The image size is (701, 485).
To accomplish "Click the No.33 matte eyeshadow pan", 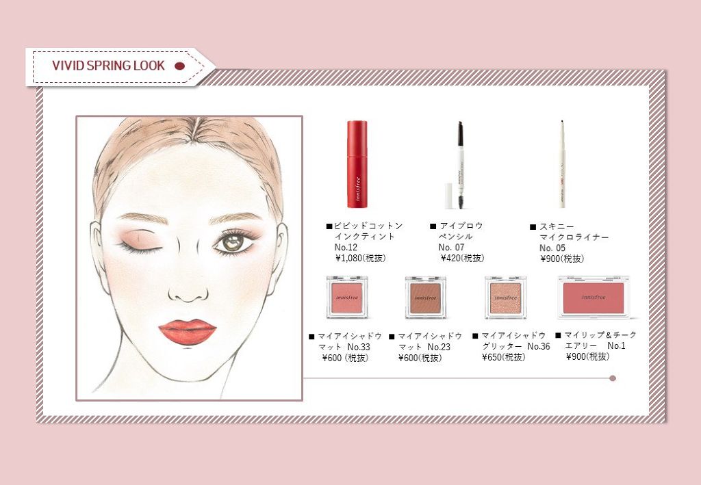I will [x=346, y=296].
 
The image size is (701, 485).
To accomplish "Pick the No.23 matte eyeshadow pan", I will [x=425, y=296].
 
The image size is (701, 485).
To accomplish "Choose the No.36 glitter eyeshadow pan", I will [x=505, y=296].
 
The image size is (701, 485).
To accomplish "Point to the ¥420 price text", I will [x=462, y=258].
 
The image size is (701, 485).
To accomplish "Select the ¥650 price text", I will [x=504, y=357].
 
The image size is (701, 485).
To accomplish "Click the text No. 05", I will [x=552, y=248].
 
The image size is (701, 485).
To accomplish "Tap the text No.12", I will [x=346, y=247].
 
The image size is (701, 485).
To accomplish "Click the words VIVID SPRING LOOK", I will [x=108, y=66].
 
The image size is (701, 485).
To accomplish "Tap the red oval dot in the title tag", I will [x=180, y=66].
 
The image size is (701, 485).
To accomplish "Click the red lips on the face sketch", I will [x=187, y=330].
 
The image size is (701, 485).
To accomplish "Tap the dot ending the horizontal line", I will [x=613, y=378].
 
